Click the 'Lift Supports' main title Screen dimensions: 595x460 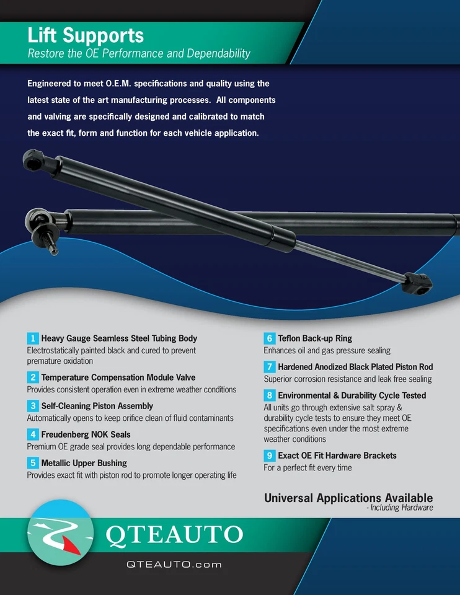point(86,35)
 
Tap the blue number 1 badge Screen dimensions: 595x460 point(33,338)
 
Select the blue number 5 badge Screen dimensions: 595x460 point(33,463)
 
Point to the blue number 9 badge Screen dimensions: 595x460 point(270,456)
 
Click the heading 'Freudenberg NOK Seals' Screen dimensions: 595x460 point(86,434)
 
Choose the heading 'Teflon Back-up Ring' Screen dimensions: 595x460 point(314,338)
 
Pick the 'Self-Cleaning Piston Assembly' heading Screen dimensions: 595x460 point(97,406)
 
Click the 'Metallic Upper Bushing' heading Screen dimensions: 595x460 point(84,463)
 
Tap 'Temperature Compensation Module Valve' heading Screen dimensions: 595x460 point(118,377)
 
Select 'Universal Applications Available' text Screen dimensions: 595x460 point(348,498)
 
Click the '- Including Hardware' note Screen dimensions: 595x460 point(399,508)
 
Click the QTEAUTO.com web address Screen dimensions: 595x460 point(174,565)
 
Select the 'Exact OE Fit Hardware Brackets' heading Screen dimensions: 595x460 point(337,456)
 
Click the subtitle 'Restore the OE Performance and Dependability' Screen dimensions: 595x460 point(139,53)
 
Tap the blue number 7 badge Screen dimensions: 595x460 point(270,367)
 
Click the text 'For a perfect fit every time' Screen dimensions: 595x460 point(307,468)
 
